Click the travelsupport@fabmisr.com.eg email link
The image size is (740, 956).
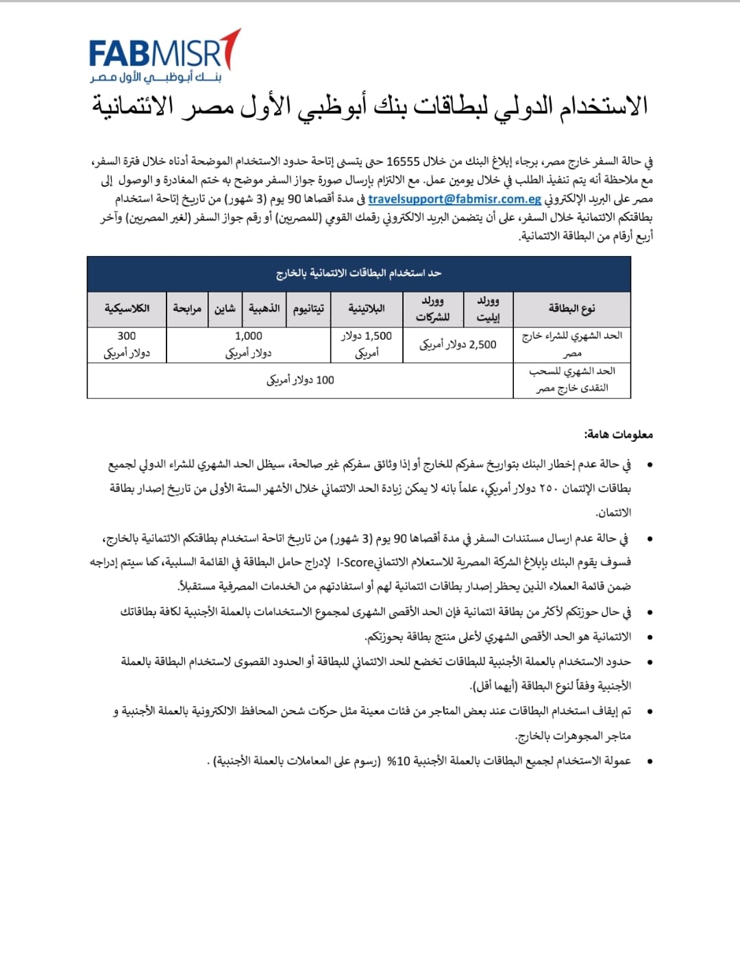[454, 199]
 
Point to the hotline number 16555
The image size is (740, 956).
[403, 162]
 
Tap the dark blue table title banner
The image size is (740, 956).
[358, 273]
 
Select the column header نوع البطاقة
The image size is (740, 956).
[571, 309]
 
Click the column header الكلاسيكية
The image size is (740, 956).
[127, 309]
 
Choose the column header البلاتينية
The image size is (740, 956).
[367, 309]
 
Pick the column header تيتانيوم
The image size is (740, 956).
[308, 309]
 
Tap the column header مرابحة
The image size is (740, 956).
[187, 309]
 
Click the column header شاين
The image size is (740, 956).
[225, 309]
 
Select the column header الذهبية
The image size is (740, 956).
[264, 309]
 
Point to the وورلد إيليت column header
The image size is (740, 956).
[488, 309]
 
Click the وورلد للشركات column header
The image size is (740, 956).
[432, 309]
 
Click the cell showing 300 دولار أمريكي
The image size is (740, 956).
[127, 344]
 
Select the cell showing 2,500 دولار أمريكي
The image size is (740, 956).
[458, 344]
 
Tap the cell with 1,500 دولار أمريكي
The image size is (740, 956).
[367, 344]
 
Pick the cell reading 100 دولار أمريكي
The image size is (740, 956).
[300, 380]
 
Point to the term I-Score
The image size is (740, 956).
[356, 562]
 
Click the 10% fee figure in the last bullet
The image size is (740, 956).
[398, 761]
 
